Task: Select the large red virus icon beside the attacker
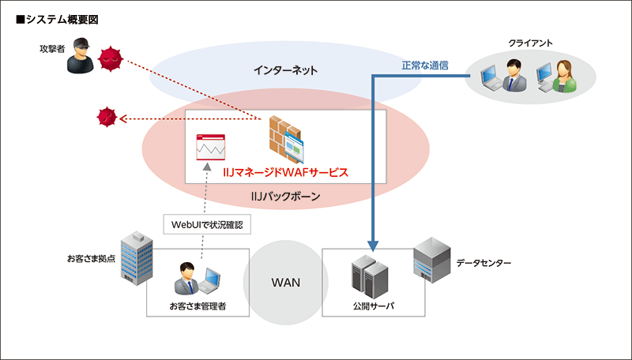tap(111, 58)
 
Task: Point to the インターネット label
tap(285, 71)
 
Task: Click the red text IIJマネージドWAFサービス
tap(285, 171)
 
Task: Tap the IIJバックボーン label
tap(285, 197)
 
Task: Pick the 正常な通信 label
tap(425, 66)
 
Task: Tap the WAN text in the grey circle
tap(285, 282)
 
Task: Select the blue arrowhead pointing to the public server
tap(373, 245)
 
